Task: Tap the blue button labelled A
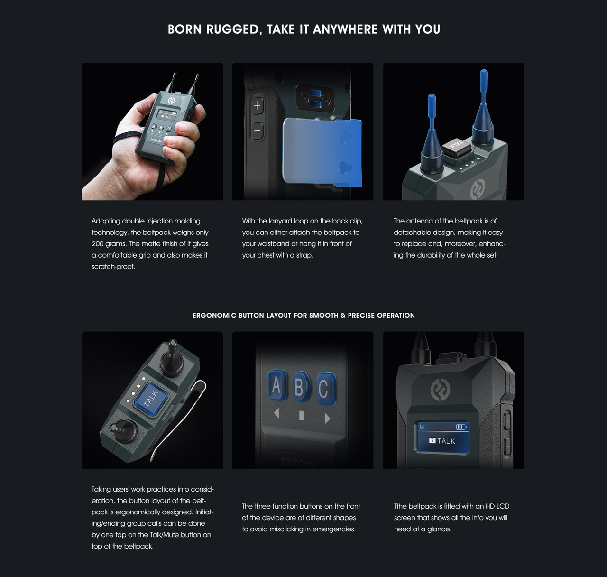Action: (x=276, y=386)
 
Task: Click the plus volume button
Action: (x=257, y=106)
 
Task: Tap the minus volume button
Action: (x=257, y=129)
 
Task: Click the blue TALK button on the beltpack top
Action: (x=150, y=399)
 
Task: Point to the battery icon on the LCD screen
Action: (x=461, y=427)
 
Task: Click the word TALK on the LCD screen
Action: (x=446, y=441)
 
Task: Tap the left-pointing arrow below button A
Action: (x=276, y=414)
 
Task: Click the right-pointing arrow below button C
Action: (x=327, y=418)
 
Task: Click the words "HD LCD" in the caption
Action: (x=497, y=506)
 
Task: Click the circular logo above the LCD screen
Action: (x=440, y=390)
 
